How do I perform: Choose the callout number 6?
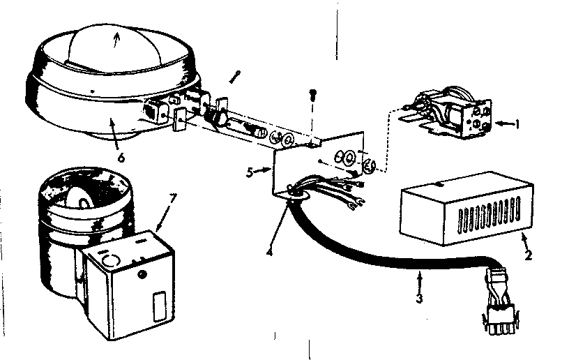pos(121,158)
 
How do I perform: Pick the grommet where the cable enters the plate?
pos(294,195)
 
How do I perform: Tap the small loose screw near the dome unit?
pos(236,73)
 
